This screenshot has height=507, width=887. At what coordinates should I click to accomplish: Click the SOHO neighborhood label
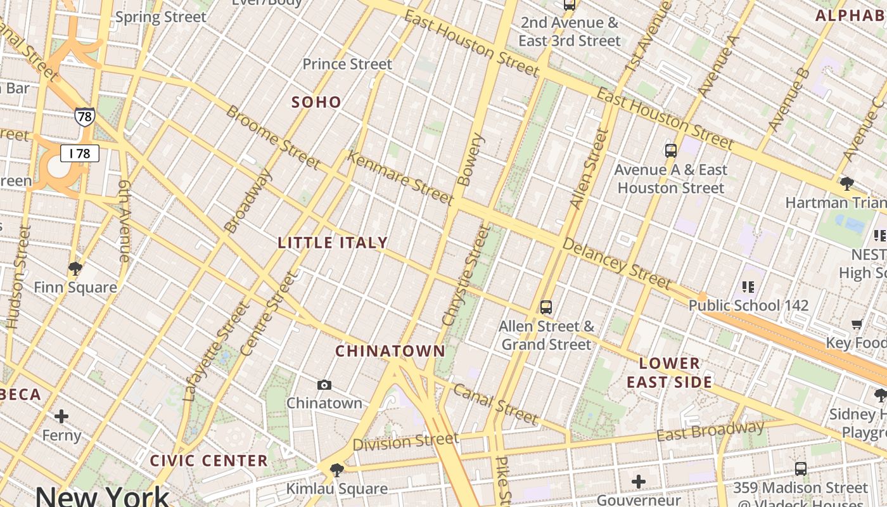[x=316, y=102]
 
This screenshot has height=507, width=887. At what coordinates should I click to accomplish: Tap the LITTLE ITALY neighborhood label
[x=333, y=243]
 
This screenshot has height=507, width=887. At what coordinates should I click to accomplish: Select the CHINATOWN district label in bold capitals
[x=390, y=351]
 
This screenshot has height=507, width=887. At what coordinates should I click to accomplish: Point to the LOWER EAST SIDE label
[x=670, y=373]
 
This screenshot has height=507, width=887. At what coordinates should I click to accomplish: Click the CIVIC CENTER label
[x=209, y=461]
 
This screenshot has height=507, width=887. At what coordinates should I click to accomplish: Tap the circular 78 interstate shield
[x=84, y=117]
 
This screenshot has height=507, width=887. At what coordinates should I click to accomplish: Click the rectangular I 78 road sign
[x=80, y=153]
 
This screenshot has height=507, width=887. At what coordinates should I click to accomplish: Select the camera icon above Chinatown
[x=324, y=385]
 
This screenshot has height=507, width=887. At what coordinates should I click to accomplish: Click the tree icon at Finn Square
[x=75, y=269]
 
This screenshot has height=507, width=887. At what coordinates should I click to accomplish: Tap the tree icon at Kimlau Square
[x=337, y=470]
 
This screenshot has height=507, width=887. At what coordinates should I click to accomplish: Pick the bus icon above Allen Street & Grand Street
[x=546, y=308]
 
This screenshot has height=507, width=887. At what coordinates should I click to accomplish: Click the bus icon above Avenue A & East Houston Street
[x=671, y=151]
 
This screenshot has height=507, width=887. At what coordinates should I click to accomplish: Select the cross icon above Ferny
[x=61, y=416]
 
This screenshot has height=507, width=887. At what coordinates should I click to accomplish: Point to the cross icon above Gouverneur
[x=638, y=482]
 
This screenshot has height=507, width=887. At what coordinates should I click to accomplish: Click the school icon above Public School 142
[x=748, y=287]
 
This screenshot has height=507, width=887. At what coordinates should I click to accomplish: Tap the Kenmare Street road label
[x=400, y=178]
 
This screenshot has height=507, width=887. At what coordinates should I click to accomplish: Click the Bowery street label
[x=469, y=159]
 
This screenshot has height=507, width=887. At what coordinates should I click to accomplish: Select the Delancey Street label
[x=615, y=264]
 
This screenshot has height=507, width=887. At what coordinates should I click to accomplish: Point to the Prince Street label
[x=347, y=64]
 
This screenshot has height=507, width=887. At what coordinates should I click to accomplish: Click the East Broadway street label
[x=710, y=432]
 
